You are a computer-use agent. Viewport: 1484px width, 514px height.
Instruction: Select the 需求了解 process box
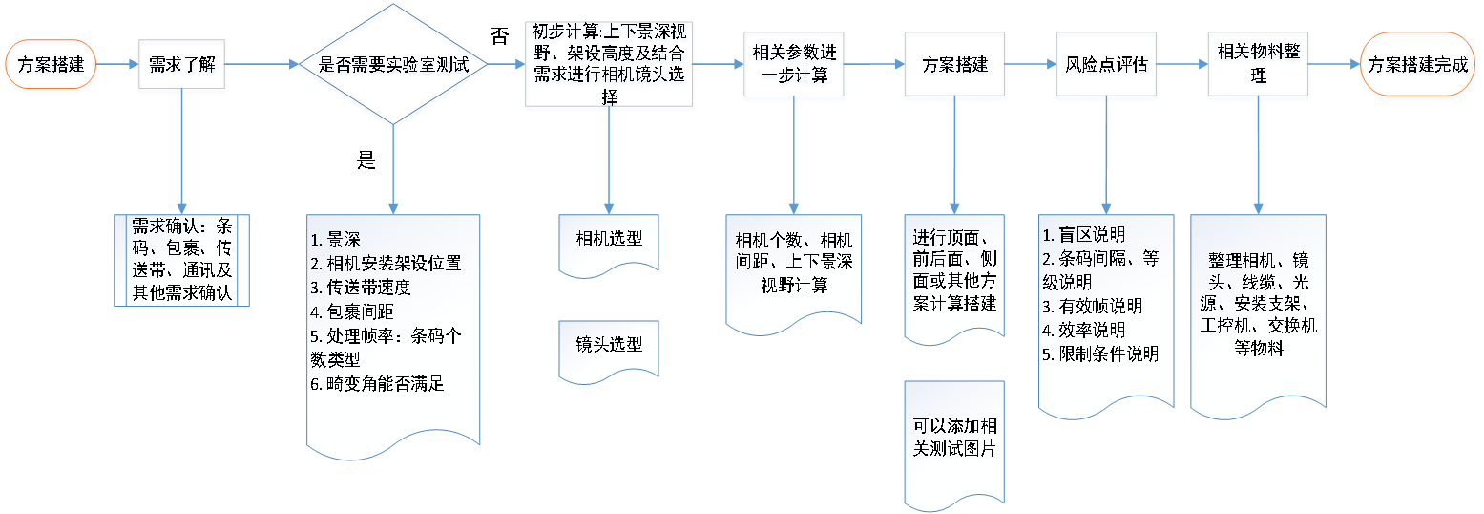(x=181, y=66)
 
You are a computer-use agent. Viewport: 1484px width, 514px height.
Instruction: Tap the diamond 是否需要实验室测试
(x=394, y=66)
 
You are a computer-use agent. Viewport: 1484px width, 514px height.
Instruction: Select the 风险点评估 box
(x=1105, y=66)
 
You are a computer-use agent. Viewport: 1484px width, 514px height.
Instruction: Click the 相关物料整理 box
(x=1259, y=66)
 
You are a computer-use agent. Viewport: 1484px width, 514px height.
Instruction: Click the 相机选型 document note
(x=609, y=239)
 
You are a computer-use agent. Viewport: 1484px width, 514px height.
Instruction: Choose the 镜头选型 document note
(x=609, y=345)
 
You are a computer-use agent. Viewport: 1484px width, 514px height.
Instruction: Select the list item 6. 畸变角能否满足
(x=378, y=385)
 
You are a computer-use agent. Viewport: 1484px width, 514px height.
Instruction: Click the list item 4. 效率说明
(x=1084, y=330)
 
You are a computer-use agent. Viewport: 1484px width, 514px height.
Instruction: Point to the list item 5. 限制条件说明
(x=1101, y=353)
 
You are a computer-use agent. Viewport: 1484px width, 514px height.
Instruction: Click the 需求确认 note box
(x=181, y=259)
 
